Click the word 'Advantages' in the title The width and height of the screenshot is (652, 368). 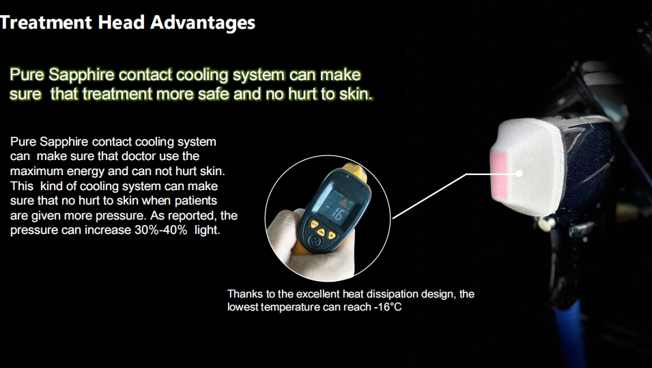click(203, 23)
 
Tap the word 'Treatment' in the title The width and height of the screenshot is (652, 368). click(46, 22)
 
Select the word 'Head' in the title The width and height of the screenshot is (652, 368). click(121, 22)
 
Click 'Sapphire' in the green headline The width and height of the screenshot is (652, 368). click(81, 75)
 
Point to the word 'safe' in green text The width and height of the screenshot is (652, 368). click(213, 94)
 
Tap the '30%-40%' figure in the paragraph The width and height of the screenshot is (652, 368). click(161, 230)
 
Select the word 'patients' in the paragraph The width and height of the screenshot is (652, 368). click(195, 201)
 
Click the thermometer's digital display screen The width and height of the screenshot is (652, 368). click(337, 209)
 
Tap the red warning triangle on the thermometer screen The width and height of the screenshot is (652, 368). click(343, 203)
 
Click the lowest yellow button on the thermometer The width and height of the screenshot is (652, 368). click(332, 236)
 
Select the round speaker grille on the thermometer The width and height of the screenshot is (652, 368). click(317, 241)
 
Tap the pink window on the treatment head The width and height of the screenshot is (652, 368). click(499, 174)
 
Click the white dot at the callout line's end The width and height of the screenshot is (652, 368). click(519, 173)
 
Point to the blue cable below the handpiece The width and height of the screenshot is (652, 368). click(569, 333)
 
